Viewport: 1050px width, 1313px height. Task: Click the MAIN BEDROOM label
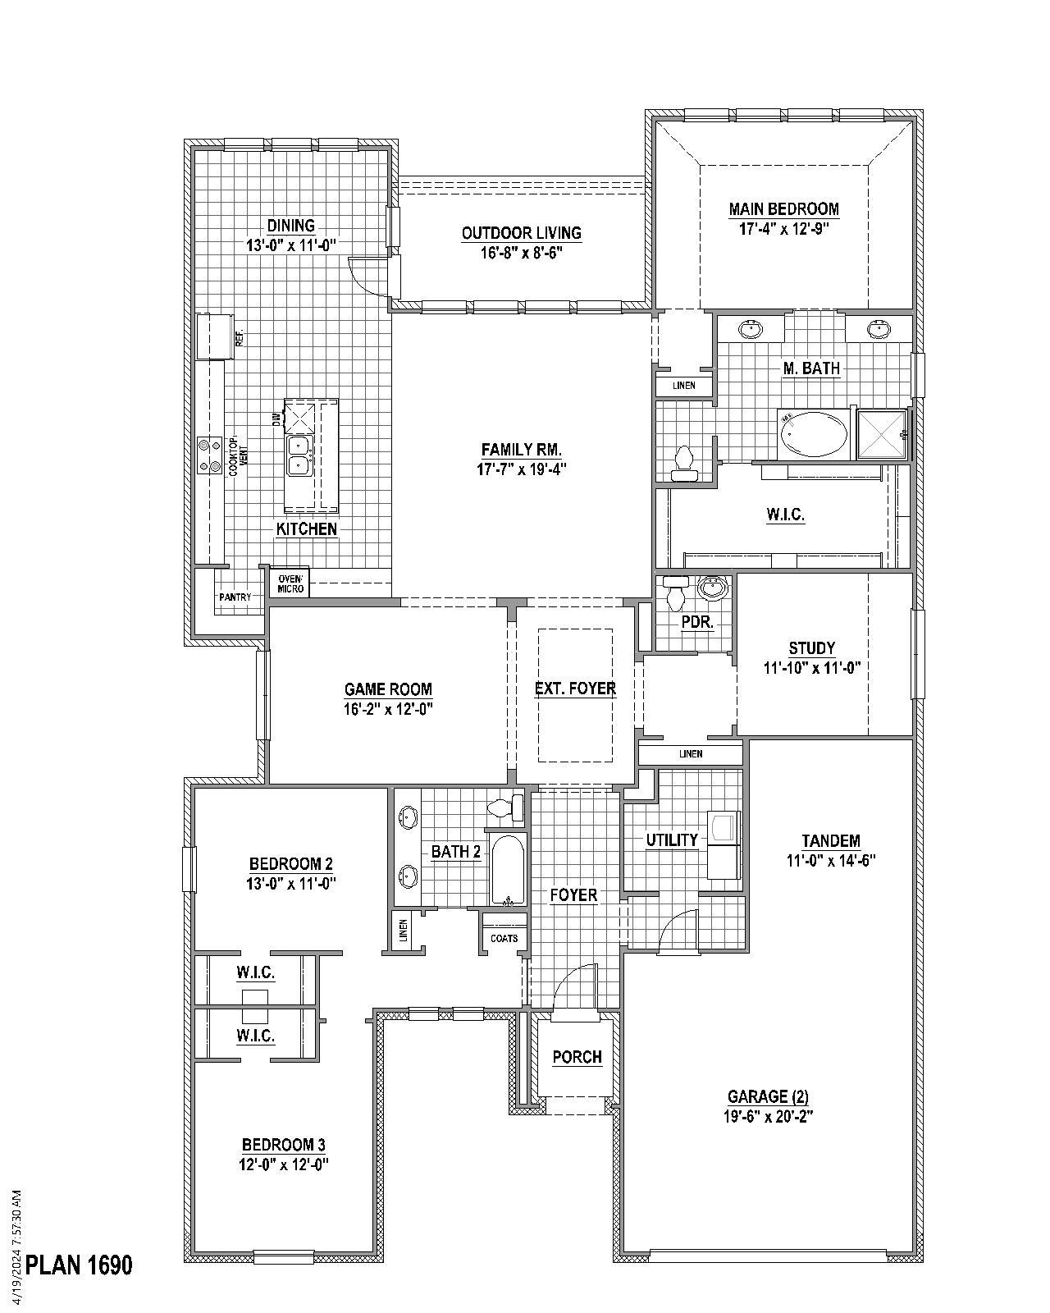point(783,209)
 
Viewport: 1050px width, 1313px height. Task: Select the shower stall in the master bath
point(882,433)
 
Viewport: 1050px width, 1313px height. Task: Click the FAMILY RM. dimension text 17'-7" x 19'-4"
point(522,469)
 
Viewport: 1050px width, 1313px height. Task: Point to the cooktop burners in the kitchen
point(210,455)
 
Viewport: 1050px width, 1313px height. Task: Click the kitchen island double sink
point(298,455)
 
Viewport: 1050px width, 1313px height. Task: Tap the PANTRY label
point(235,597)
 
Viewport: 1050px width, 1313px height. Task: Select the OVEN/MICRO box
point(290,583)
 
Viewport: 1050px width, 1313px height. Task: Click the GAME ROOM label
point(388,689)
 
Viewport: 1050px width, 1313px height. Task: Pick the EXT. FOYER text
point(575,689)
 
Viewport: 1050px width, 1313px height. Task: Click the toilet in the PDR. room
point(676,592)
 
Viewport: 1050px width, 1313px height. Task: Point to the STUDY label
point(811,648)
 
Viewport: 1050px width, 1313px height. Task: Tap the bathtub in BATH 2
point(508,871)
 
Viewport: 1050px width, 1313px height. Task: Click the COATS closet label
point(504,938)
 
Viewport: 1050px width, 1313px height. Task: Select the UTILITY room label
point(671,840)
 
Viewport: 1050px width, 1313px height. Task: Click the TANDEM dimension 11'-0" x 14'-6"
point(831,861)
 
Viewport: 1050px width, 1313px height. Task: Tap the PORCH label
point(577,1057)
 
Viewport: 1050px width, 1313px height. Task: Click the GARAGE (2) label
point(768,1096)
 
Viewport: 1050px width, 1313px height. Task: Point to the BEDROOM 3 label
point(284,1144)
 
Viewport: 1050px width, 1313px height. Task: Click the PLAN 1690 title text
point(79,1265)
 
